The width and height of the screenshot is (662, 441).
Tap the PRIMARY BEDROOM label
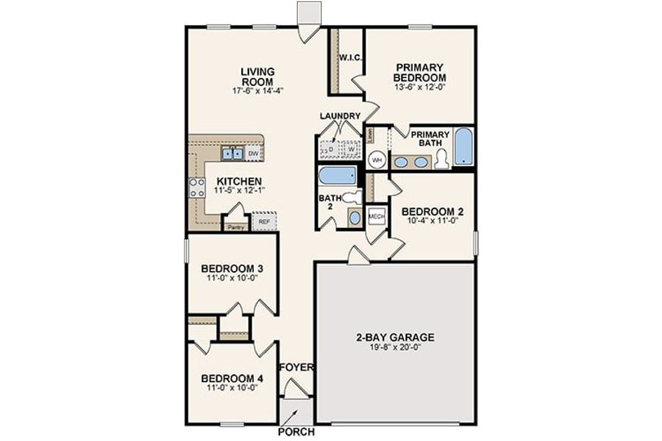(419, 72)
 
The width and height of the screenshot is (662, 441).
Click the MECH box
(377, 216)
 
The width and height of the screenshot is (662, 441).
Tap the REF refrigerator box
(263, 220)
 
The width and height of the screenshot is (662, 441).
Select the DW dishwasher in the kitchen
(253, 154)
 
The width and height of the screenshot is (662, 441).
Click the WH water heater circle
(377, 159)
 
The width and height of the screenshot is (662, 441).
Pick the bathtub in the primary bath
(463, 146)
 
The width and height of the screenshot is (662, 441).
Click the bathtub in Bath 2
(337, 176)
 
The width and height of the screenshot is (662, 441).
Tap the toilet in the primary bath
(441, 159)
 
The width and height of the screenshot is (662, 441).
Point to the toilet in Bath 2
(352, 197)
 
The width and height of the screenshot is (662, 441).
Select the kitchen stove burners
(197, 187)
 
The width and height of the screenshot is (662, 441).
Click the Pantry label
(235, 227)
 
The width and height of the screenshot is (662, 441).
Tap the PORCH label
(296, 431)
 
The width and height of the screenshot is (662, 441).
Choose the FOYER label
(297, 367)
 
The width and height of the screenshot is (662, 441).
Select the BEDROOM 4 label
(232, 379)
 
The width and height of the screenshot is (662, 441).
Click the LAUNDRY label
(340, 116)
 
